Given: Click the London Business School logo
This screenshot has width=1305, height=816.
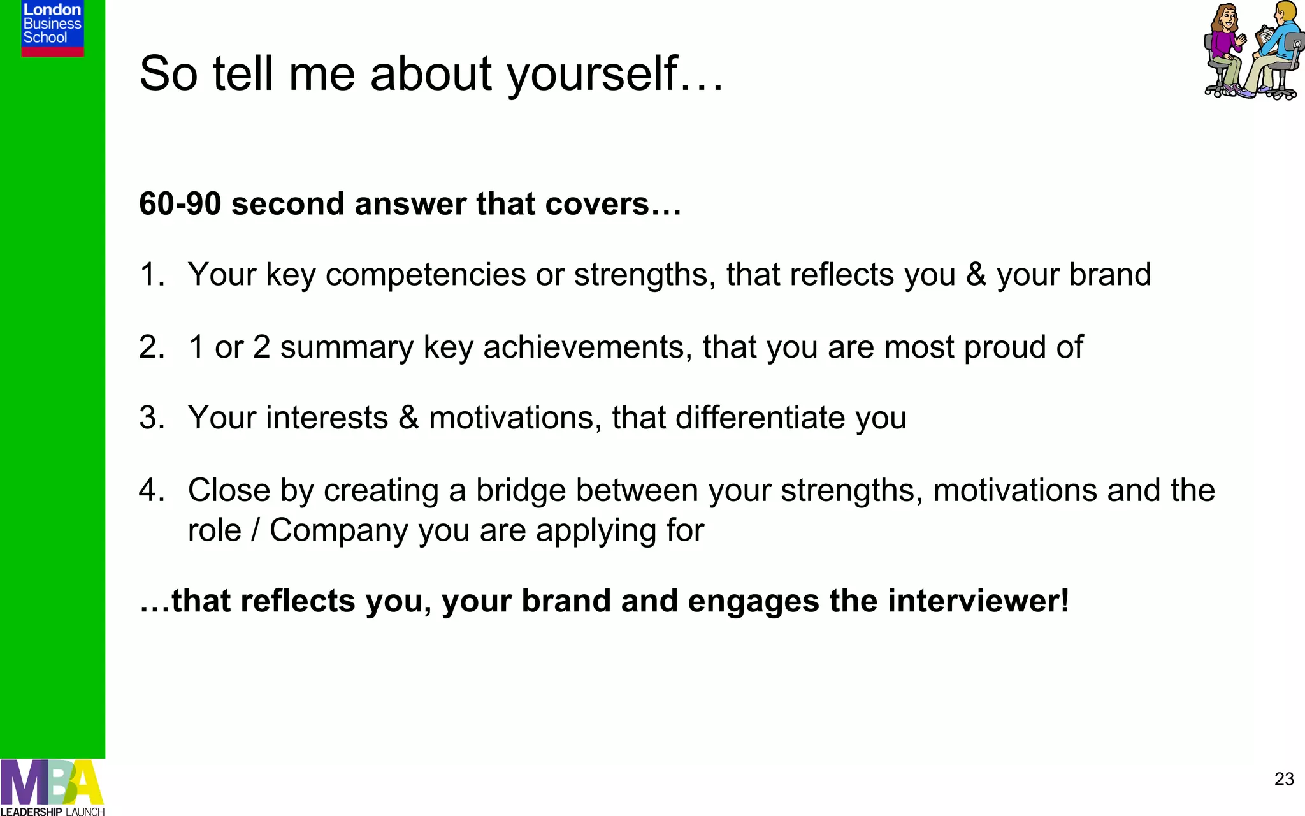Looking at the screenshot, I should tap(52, 27).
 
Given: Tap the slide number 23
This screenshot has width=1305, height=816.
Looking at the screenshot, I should tap(1284, 779).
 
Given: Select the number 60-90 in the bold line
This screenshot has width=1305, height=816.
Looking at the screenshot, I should tap(180, 204).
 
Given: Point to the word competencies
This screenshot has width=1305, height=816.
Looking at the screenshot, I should tap(426, 275).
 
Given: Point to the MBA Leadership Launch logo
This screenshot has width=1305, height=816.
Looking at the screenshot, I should tap(52, 788).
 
